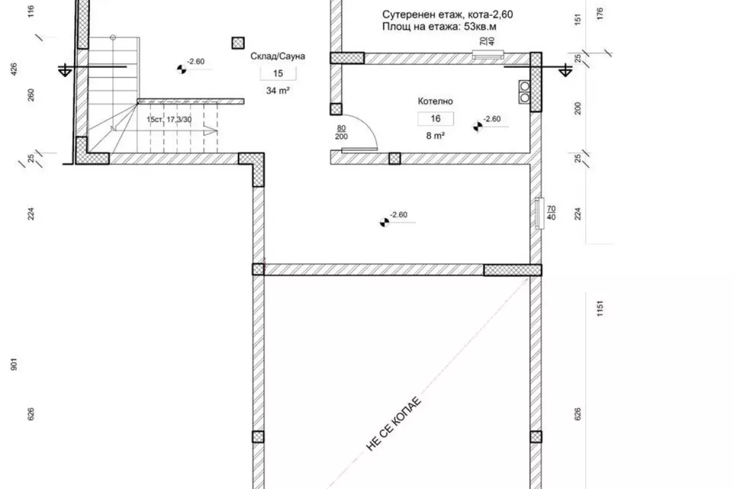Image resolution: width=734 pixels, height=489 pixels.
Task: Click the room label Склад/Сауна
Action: click(278, 56)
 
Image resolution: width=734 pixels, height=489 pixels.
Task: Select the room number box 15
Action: click(278, 73)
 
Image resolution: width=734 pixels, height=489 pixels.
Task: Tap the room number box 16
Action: click(436, 119)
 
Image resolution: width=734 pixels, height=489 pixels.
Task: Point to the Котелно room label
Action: click(435, 101)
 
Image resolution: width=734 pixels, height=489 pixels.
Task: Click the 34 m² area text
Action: click(278, 90)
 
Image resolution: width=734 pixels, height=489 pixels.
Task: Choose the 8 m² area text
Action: click(435, 136)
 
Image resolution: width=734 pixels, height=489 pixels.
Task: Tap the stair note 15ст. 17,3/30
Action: click(169, 120)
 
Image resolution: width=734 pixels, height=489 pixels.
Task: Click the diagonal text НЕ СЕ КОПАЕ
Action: click(393, 424)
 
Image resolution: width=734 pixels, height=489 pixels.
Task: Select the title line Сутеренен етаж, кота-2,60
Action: click(447, 15)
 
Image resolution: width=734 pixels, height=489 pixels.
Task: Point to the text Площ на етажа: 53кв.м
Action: click(439, 26)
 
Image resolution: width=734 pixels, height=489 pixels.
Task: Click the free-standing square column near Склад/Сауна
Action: click(238, 43)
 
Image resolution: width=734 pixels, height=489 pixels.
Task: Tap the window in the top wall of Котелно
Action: click(488, 54)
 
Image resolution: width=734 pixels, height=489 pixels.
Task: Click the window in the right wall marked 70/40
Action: click(539, 213)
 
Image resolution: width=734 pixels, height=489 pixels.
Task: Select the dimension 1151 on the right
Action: click(599, 309)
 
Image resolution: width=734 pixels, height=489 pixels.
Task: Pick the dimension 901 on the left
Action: click(13, 364)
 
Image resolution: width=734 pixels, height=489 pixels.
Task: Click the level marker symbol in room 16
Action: click(478, 127)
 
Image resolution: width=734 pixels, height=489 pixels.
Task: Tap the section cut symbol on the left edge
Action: click(65, 70)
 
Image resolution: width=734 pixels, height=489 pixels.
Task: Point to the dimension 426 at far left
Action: click(13, 70)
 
